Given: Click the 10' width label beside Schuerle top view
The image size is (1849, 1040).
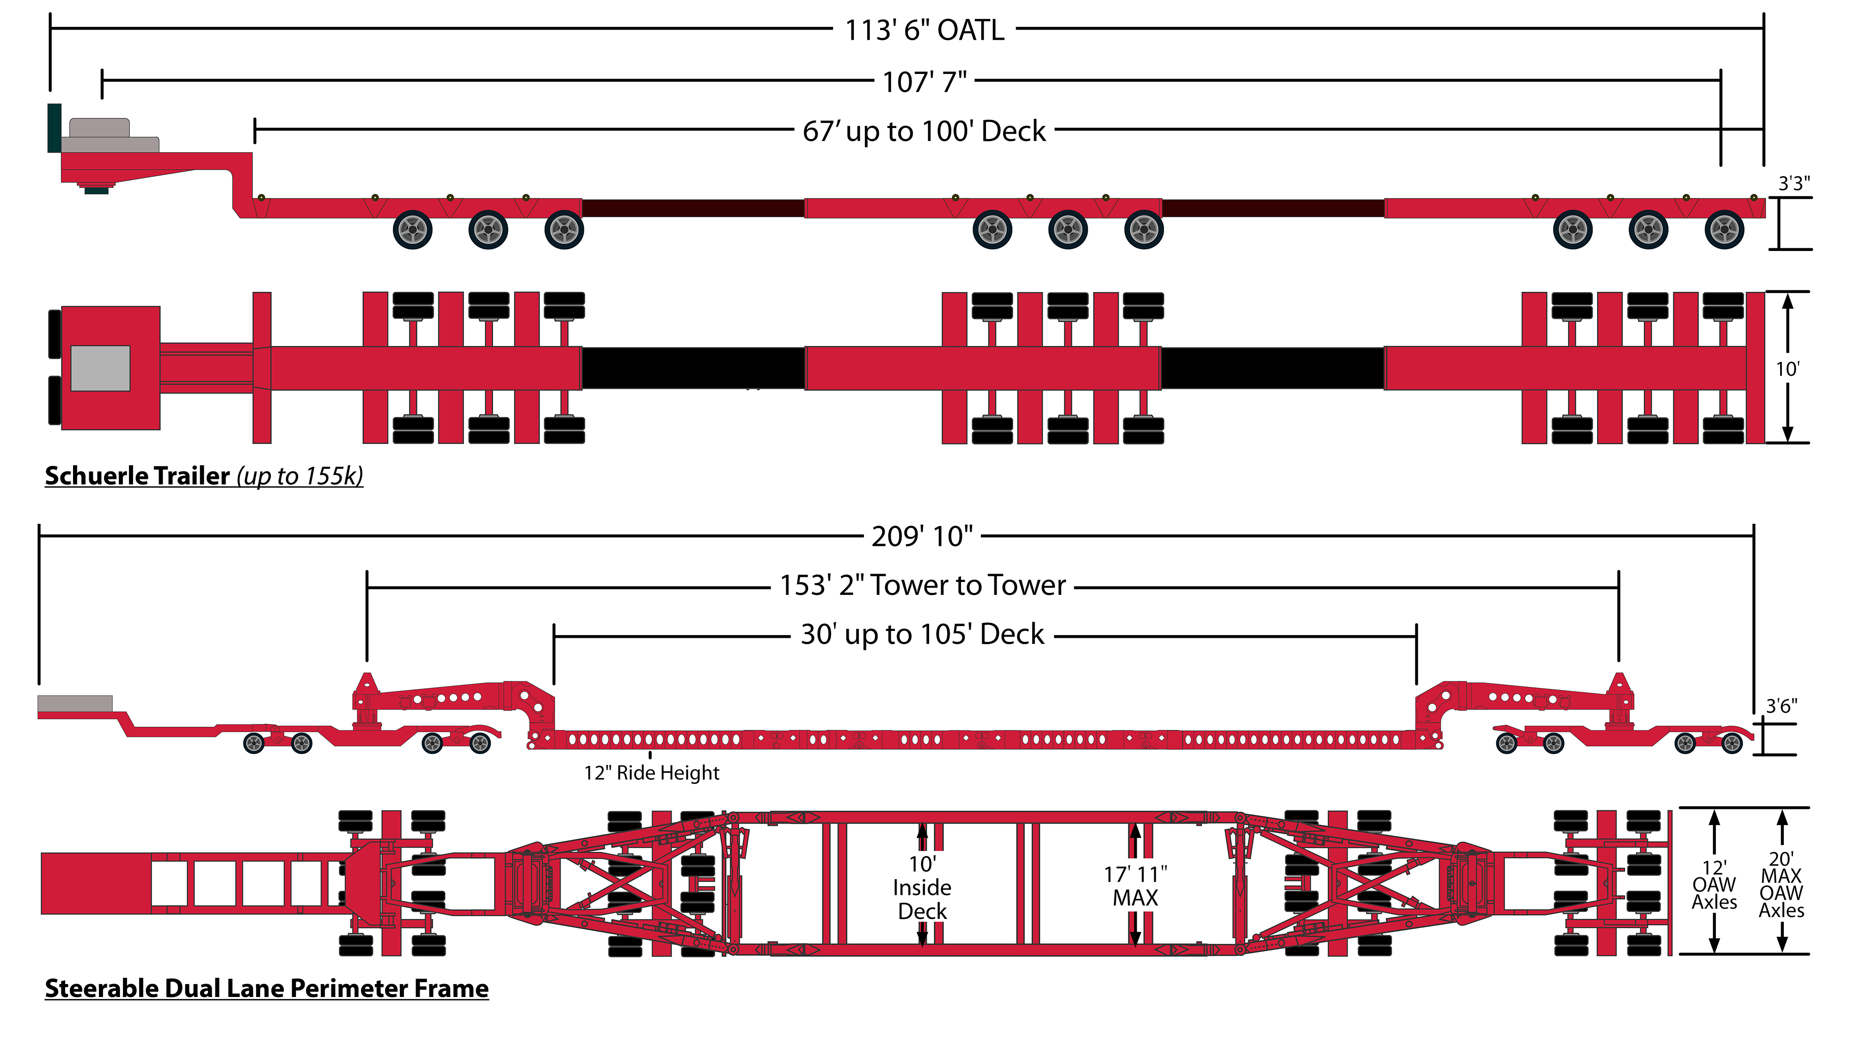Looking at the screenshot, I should pos(1787,369).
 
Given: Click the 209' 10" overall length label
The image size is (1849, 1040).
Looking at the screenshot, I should pos(922,536).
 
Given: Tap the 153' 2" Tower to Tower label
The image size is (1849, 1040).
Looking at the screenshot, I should pos(922,586).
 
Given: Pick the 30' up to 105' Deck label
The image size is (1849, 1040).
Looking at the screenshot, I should pos(922,635).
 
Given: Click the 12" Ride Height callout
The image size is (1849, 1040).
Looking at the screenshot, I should pos(651,773).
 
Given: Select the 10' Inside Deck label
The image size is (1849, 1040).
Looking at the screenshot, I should pos(922,888).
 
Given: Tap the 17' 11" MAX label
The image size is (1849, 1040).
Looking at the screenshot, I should pos(1135,887).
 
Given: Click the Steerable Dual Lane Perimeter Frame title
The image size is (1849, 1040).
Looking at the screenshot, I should pos(266,988).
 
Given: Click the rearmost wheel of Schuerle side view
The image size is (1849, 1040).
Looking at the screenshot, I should pos(1724,230).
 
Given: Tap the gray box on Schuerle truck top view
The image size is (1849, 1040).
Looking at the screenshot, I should pos(100,368).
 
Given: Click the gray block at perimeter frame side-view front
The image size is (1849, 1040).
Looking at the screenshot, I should pos(74,704).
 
